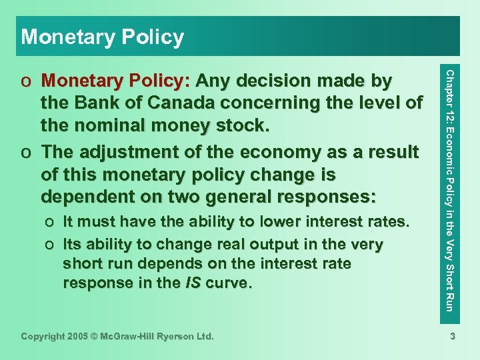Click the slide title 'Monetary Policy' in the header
(102, 37)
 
